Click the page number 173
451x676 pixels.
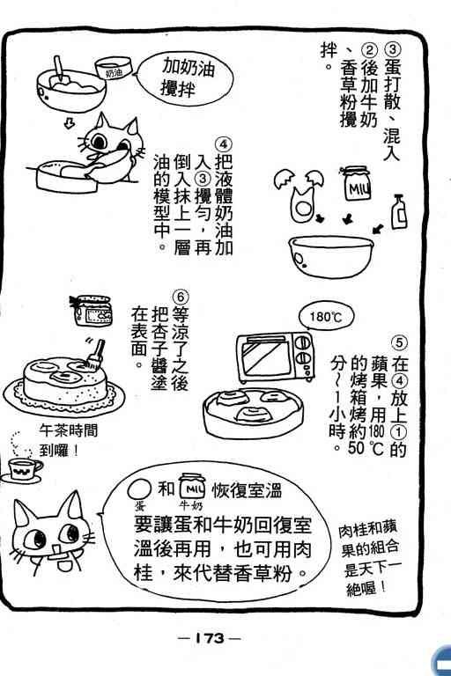210,637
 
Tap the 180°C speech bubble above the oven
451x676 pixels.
326,317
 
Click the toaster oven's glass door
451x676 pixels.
265,357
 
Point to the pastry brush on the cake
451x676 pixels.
96,355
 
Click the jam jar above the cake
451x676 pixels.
92,311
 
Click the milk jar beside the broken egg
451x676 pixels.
357,184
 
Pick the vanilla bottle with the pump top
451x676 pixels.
399,211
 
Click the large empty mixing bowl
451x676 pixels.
331,256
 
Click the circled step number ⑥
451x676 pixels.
181,297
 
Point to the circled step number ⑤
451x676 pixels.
399,342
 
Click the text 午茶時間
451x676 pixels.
68,430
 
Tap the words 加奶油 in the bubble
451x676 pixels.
189,68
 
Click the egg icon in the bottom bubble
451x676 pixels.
140,489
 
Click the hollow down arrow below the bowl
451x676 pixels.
69,123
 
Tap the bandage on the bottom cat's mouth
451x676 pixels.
56,553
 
